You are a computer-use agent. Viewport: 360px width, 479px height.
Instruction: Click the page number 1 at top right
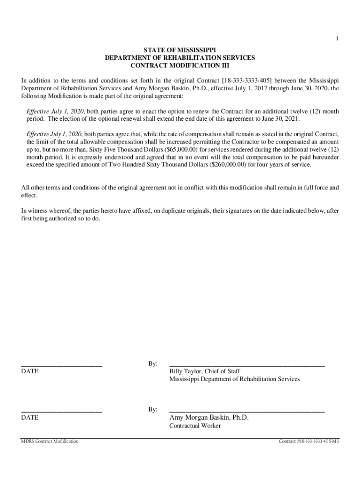[337, 40]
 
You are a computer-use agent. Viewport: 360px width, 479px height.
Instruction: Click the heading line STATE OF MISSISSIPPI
[180, 50]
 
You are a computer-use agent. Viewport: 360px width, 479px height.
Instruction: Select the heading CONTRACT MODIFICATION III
[180, 65]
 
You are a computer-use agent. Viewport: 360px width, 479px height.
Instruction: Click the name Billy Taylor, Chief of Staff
[205, 371]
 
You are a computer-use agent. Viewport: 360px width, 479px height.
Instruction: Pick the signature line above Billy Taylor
[246, 365]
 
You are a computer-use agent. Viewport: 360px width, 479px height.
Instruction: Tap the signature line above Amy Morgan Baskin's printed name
[246, 411]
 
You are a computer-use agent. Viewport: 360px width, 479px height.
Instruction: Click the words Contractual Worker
[195, 426]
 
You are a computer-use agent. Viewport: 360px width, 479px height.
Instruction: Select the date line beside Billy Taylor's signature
[61, 365]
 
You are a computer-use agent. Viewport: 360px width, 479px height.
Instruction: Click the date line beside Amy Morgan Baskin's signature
[61, 411]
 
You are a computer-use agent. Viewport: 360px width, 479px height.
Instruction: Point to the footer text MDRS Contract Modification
[50, 442]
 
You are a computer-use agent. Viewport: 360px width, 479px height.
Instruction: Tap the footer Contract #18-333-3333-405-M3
[309, 442]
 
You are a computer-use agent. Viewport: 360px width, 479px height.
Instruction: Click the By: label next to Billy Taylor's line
[153, 364]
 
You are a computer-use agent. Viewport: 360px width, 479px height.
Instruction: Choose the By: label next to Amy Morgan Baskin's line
[153, 410]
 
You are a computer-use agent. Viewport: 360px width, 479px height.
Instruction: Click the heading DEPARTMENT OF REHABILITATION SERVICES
[180, 58]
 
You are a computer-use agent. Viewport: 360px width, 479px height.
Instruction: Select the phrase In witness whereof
[44, 211]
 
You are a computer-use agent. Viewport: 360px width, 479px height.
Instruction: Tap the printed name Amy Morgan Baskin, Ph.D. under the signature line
[209, 418]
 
